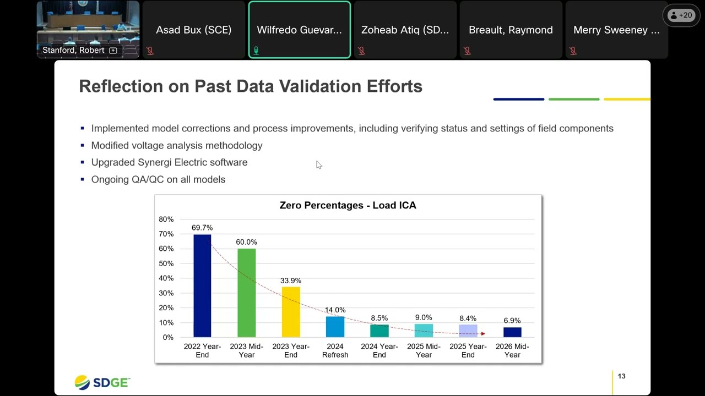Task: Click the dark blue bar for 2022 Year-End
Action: [202, 285]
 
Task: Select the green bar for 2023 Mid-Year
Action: [246, 293]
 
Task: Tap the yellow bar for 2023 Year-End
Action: [291, 312]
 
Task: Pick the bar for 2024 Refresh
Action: [335, 327]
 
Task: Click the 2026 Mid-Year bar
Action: [512, 332]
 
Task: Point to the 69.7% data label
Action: [202, 228]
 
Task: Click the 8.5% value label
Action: [379, 318]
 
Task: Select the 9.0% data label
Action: [424, 317]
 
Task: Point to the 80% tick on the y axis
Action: [166, 219]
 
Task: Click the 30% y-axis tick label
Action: [166, 293]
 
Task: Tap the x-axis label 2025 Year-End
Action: [468, 350]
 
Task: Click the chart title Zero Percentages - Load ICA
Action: [348, 205]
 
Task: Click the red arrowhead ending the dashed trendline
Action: [483, 334]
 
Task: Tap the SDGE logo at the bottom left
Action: [102, 382]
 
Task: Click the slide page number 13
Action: [622, 376]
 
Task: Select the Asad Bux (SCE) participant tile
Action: [193, 30]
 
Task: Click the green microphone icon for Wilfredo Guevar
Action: [256, 51]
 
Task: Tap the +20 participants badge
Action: [681, 15]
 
